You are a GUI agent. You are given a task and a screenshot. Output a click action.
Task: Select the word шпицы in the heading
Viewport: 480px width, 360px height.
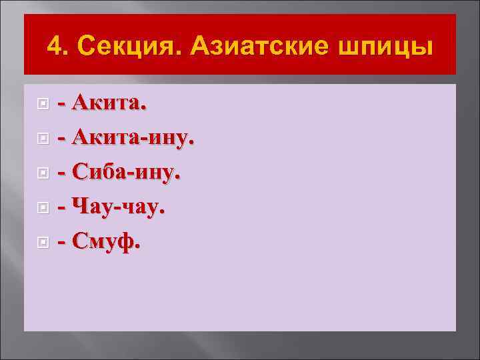pyautogui.click(x=387, y=47)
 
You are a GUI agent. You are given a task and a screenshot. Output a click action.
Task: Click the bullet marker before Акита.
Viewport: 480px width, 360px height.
pyautogui.click(x=43, y=104)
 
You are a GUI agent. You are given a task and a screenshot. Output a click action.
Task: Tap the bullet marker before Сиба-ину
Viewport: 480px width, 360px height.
pyautogui.click(x=43, y=173)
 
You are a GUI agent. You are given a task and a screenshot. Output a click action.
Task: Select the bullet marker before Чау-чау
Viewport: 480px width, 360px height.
pyautogui.click(x=43, y=208)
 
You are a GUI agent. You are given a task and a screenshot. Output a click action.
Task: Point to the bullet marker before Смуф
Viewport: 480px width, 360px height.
pyautogui.click(x=43, y=243)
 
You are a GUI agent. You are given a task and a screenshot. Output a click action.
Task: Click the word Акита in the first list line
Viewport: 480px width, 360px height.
pyautogui.click(x=107, y=103)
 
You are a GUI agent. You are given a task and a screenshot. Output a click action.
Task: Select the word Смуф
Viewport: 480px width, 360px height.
pyautogui.click(x=104, y=242)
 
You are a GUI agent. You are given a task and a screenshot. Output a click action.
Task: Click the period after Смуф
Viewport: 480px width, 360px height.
pyautogui.click(x=138, y=248)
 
